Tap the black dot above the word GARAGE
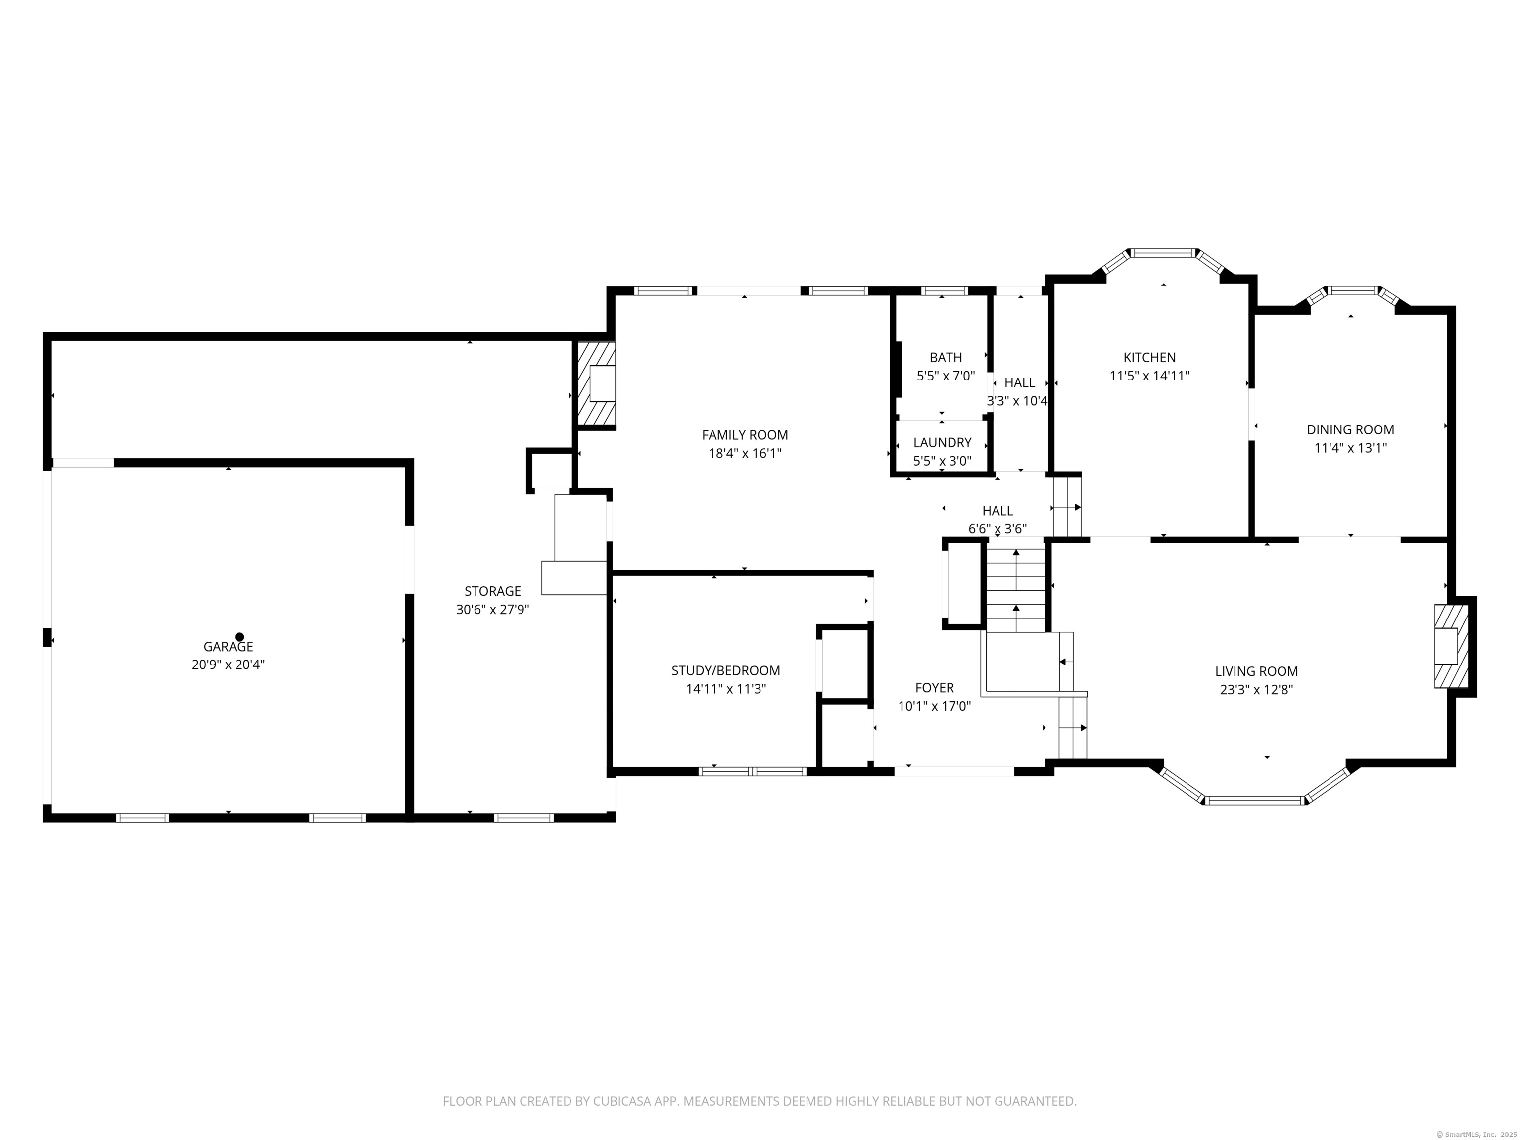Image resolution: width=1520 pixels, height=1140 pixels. tap(239, 637)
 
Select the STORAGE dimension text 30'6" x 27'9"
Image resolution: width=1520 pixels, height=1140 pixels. tap(493, 609)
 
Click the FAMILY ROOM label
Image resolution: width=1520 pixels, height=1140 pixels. tap(744, 435)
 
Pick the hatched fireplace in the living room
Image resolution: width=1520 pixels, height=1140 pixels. tap(1451, 645)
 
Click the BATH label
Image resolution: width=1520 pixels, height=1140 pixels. tap(946, 357)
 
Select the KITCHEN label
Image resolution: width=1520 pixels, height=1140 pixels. tap(1149, 357)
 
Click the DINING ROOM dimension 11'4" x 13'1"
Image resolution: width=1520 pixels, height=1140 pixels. tap(1350, 448)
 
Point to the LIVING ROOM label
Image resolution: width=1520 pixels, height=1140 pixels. tap(1256, 671)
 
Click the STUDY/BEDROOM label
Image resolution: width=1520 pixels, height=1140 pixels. tap(726, 670)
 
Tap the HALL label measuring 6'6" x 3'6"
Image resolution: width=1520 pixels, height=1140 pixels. tap(997, 511)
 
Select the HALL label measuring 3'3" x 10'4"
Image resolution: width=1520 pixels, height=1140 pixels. tap(1019, 383)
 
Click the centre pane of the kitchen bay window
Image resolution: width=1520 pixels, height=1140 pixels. tap(1163, 253)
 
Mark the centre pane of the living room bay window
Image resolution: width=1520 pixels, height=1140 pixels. tap(1255, 800)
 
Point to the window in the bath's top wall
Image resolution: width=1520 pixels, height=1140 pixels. tap(944, 290)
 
